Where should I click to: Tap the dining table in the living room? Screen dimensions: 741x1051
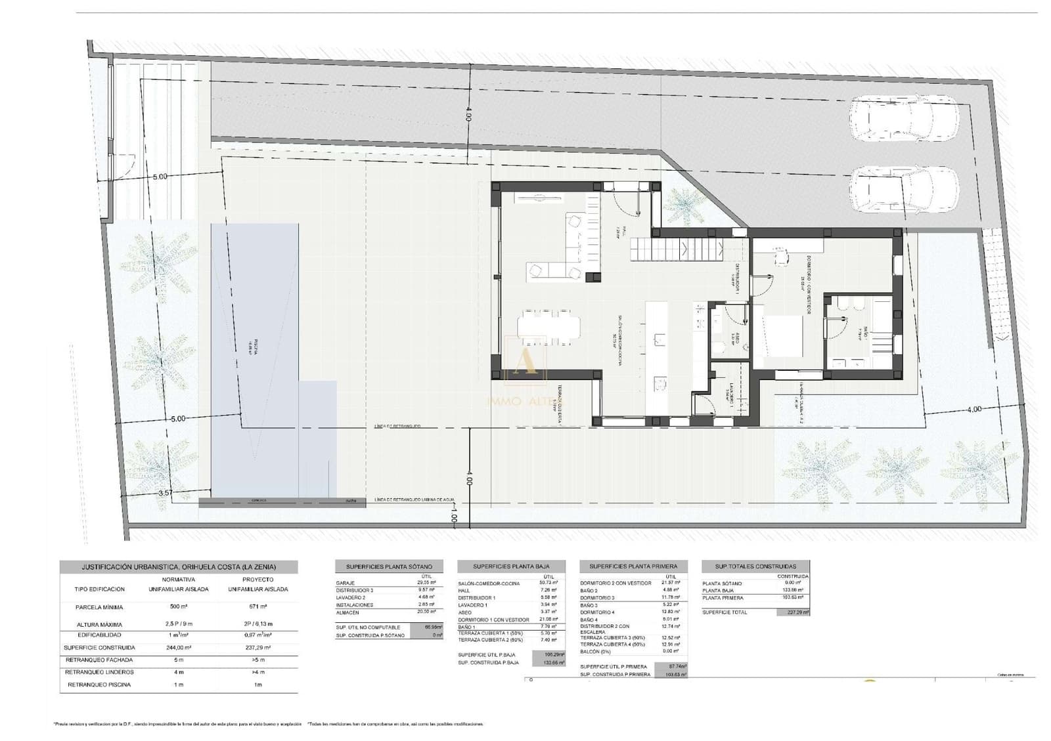(549, 326)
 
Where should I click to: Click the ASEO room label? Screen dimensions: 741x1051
(738, 339)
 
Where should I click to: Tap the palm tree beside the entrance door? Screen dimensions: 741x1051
(684, 205)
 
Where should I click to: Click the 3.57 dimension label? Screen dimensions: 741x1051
(166, 492)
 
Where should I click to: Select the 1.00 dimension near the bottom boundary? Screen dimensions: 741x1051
(454, 517)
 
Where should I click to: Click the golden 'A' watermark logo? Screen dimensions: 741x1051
(524, 359)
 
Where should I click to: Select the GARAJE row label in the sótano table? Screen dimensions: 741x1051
(346, 583)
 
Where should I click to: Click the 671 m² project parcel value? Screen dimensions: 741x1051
(257, 607)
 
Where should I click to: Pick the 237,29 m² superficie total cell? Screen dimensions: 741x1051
(793, 612)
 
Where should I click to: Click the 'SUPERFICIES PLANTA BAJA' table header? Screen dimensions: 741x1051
(512, 566)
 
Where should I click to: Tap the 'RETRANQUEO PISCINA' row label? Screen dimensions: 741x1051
(99, 685)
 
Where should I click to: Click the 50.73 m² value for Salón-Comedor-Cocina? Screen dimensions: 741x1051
(547, 583)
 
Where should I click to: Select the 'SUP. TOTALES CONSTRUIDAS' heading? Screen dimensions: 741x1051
(755, 566)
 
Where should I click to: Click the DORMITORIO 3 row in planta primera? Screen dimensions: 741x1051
(597, 597)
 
